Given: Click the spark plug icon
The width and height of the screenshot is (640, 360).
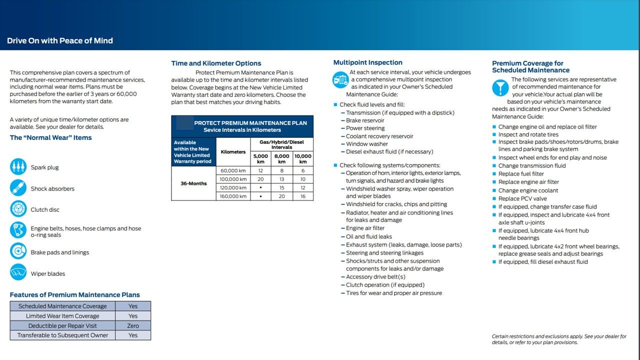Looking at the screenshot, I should click(x=18, y=166).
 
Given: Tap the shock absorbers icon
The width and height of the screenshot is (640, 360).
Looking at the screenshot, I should click(x=18, y=188).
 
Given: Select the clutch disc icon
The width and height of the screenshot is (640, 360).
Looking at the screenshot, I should click(x=18, y=209).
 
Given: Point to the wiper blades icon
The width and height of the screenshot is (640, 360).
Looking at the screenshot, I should click(x=18, y=272).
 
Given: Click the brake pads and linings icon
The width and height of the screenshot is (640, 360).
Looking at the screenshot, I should click(x=18, y=251).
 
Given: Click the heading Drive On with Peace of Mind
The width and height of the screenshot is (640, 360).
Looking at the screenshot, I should click(x=60, y=41).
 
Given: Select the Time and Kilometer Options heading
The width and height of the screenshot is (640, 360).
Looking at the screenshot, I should click(x=216, y=63).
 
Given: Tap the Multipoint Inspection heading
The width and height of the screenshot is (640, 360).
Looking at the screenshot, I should click(x=367, y=62).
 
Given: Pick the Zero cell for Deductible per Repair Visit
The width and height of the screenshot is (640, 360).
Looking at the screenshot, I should click(x=133, y=325).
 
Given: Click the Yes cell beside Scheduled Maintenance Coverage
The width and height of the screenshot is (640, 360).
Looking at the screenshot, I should click(x=133, y=306).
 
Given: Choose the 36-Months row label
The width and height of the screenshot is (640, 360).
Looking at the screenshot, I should click(x=193, y=183).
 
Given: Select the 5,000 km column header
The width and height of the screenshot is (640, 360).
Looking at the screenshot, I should click(x=260, y=158).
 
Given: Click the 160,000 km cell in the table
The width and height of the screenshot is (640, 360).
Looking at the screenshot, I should click(x=233, y=196).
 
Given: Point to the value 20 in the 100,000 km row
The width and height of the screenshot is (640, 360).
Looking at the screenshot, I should click(x=260, y=179).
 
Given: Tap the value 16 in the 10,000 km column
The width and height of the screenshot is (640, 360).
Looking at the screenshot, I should click(x=303, y=196).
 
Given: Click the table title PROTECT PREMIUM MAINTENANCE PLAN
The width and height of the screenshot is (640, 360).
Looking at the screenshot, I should click(x=250, y=123).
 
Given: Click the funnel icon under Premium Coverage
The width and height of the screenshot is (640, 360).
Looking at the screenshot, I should click(x=500, y=88).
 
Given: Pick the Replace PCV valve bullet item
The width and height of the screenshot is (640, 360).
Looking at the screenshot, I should click(x=522, y=198).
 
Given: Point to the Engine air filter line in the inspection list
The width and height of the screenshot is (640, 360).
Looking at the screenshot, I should click(x=365, y=228).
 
